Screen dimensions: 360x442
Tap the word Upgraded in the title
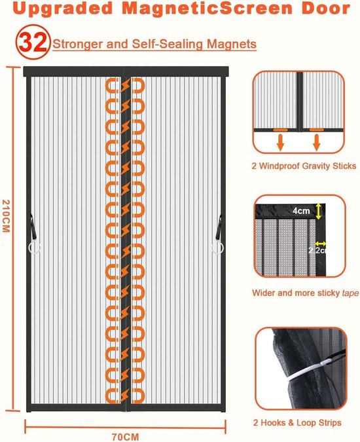[63, 9]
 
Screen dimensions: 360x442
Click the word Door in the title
[326, 8]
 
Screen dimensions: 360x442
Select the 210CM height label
[6, 216]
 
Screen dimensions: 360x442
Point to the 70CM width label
[126, 437]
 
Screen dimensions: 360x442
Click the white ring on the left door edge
[35, 248]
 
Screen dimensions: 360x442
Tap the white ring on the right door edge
[217, 248]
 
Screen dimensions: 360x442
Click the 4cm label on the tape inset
[301, 211]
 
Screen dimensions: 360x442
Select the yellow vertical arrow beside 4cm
[318, 211]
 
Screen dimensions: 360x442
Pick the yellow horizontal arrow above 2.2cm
[321, 244]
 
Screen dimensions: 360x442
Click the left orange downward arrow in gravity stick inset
[280, 142]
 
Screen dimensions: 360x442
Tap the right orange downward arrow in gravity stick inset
[317, 142]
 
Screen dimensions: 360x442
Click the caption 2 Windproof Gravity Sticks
[304, 166]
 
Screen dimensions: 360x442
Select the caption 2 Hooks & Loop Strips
[297, 422]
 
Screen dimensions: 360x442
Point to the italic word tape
[351, 293]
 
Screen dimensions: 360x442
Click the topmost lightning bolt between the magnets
[126, 85]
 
